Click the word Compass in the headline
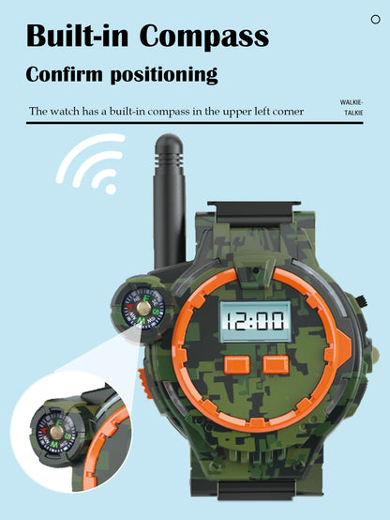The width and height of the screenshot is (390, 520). point(204,37)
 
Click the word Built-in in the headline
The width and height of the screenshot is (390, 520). point(77,35)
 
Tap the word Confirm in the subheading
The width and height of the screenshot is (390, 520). point(64,73)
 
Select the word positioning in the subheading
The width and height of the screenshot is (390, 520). point(164,75)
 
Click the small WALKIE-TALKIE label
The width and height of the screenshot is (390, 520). point(352,107)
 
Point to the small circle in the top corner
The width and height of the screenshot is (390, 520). point(375,20)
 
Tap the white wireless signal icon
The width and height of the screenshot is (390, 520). point(91,163)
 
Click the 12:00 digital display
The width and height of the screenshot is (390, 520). point(255,322)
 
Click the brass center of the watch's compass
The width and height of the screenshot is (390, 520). point(143,309)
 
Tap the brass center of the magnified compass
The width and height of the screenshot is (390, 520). point(56,432)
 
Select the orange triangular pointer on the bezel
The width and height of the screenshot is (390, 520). point(343,345)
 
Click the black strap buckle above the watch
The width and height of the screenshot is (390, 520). point(254,213)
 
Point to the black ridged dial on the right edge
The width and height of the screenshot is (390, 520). point(363,301)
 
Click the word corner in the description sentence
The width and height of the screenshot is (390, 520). point(288,112)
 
